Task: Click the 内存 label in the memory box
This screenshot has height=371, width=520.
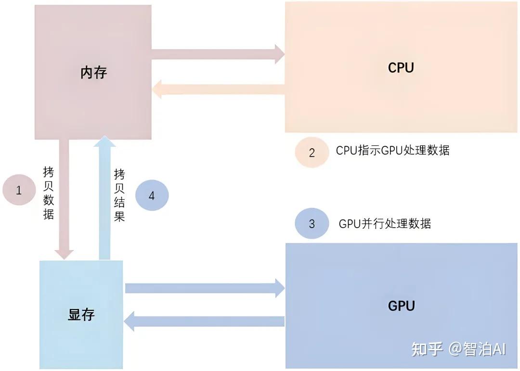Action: coord(93,73)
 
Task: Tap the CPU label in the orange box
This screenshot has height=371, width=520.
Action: coord(401,68)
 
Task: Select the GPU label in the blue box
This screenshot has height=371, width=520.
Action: coord(401,306)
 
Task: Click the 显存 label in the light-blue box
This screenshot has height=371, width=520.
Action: coord(81,315)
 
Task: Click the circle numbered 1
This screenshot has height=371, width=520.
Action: coord(19,190)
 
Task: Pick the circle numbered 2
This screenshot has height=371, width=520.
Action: coord(312,153)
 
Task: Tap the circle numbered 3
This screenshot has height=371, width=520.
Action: coord(312,224)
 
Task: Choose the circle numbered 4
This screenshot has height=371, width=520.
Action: coord(152,195)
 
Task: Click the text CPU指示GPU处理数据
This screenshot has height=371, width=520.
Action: coord(392,150)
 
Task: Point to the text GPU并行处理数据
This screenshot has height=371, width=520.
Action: coord(385,224)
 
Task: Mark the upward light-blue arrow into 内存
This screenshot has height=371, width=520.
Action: coord(104,197)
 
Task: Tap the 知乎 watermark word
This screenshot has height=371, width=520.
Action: coord(427,349)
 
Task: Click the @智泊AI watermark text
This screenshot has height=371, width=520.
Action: coord(477,349)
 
